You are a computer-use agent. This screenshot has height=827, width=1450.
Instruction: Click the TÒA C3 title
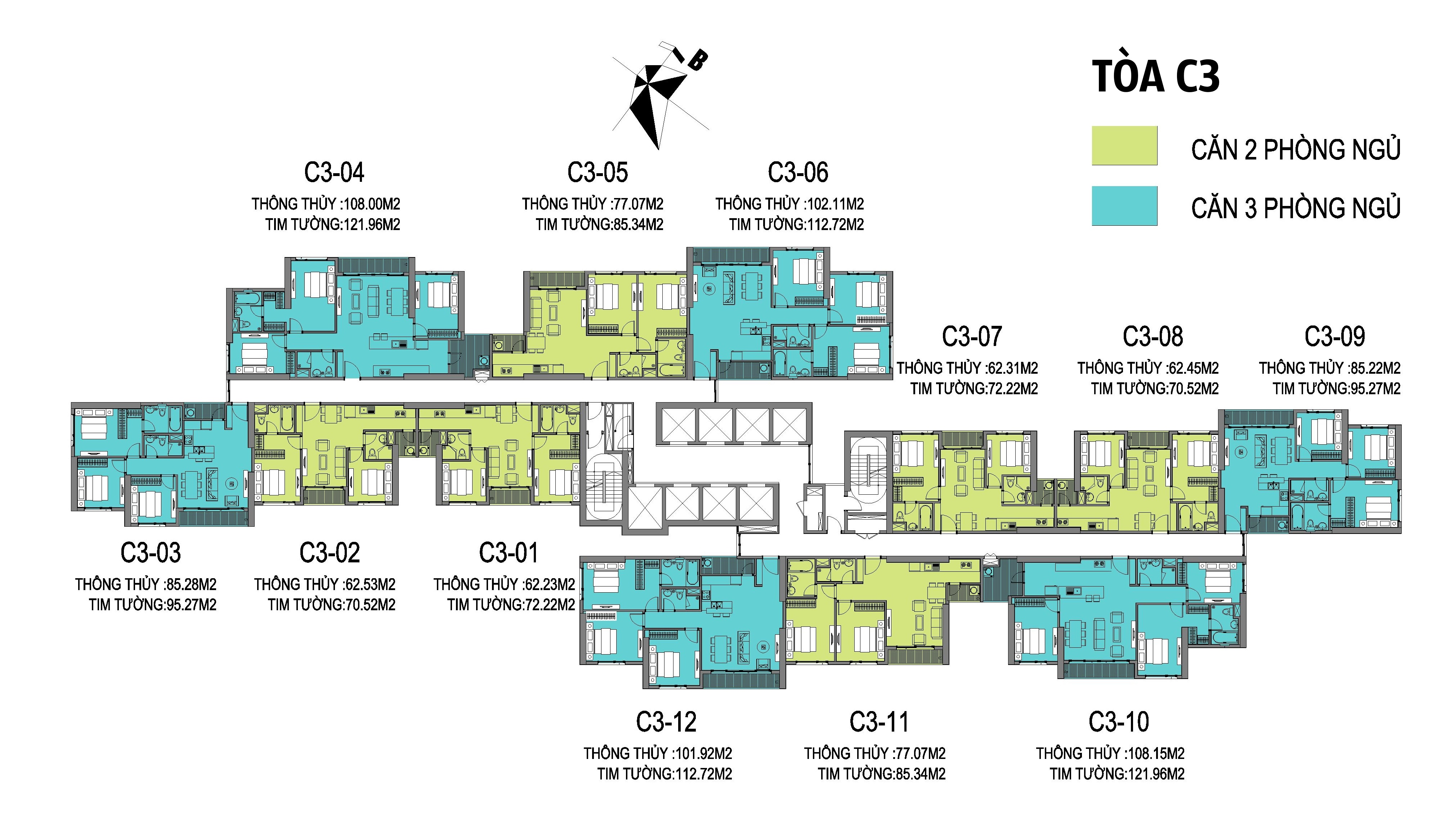1156,78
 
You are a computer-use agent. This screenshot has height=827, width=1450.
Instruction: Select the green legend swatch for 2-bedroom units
1124,146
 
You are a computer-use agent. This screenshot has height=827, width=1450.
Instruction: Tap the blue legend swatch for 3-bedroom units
1124,206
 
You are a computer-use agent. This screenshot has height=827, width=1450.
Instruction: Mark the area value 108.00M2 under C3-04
372,204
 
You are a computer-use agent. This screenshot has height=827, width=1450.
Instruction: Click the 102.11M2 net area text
836,204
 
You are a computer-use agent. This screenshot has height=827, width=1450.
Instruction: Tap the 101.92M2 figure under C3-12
704,754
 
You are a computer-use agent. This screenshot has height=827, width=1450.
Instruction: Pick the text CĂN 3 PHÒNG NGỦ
1296,207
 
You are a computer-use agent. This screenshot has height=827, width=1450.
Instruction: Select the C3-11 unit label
879,722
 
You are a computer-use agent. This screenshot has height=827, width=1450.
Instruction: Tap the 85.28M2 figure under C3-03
191,584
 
